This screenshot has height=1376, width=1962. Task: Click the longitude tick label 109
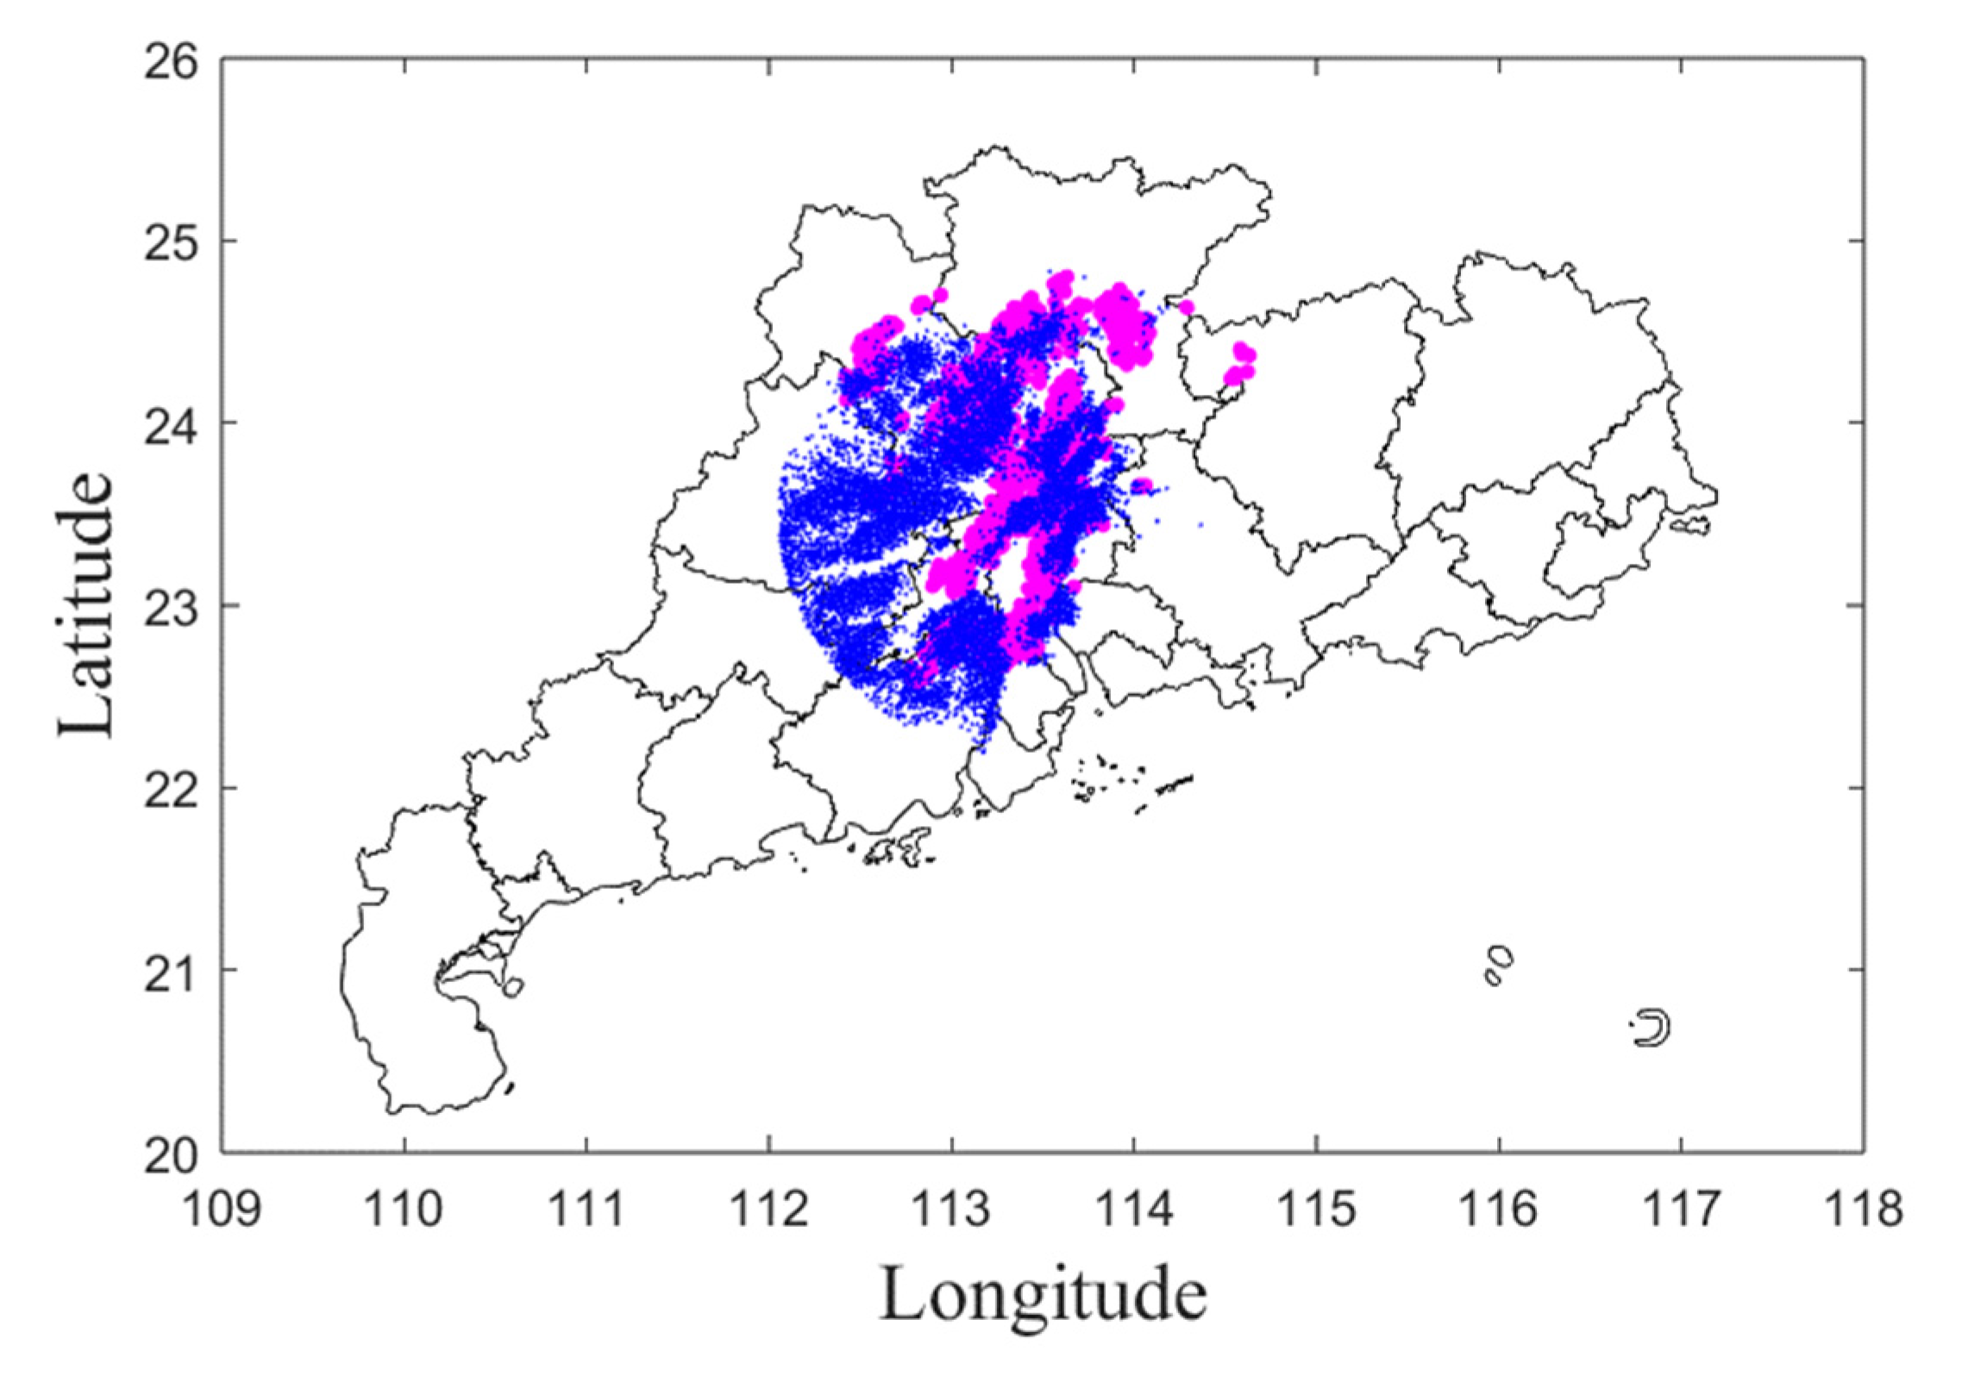click(x=223, y=1209)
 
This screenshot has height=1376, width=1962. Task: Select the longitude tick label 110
click(x=404, y=1209)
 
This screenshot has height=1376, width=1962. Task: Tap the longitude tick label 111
click(x=586, y=1209)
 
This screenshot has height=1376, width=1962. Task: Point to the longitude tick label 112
click(x=769, y=1209)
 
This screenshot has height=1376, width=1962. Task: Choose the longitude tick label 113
click(x=952, y=1209)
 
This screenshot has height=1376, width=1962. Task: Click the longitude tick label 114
click(x=1134, y=1209)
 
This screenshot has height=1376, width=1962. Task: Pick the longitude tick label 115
click(x=1317, y=1209)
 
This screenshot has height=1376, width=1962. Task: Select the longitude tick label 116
click(x=1499, y=1209)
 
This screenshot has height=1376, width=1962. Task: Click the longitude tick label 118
click(x=1864, y=1209)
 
